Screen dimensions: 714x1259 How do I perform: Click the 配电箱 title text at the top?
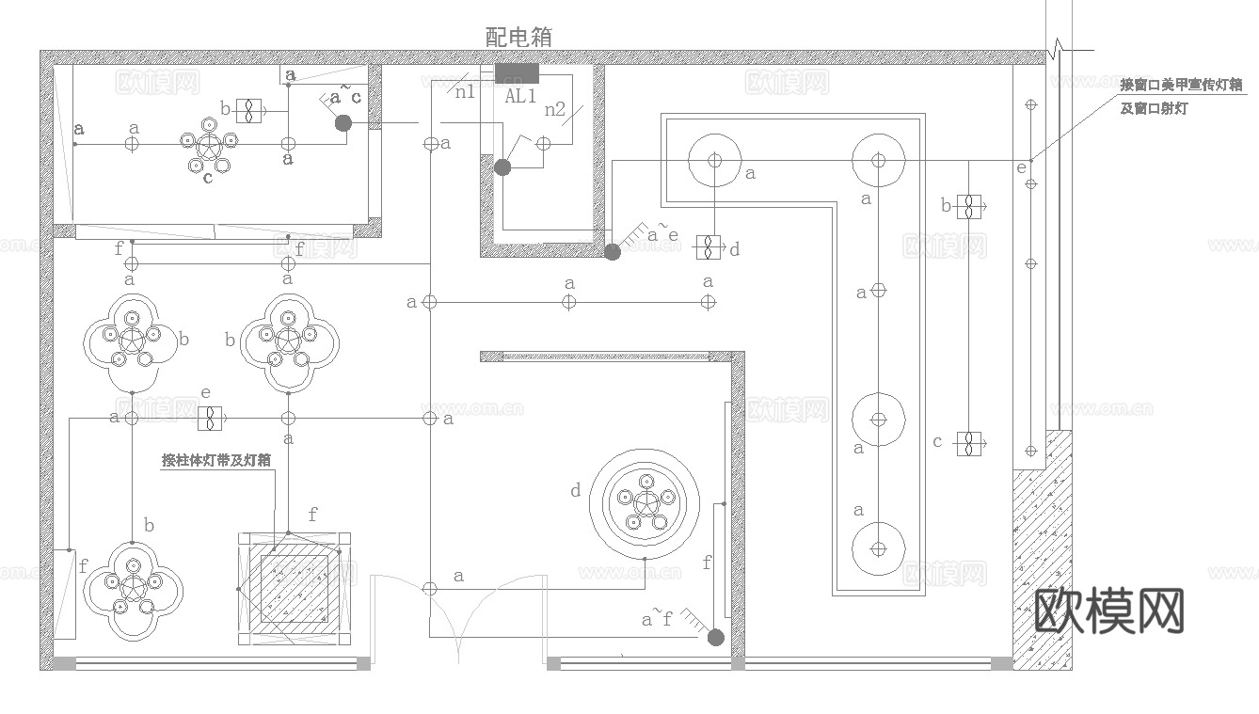[x=518, y=37]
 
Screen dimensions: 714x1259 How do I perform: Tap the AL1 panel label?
[x=520, y=95]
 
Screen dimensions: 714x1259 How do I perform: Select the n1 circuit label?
[x=465, y=91]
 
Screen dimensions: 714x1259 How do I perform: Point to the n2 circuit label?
[x=555, y=110]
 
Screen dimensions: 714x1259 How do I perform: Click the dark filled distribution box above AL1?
[x=518, y=73]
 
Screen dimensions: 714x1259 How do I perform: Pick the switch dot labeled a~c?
[x=343, y=122]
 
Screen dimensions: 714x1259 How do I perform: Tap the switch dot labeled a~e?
[x=613, y=251]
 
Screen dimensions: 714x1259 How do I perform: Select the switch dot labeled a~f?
[x=715, y=638]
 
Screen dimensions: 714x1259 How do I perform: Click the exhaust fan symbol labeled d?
[x=708, y=246]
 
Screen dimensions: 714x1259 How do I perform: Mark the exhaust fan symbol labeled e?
[x=209, y=418]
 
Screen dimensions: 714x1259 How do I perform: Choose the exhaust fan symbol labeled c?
[x=968, y=442]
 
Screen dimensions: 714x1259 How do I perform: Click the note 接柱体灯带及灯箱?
[x=216, y=461]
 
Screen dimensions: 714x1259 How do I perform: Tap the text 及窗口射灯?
[x=1154, y=109]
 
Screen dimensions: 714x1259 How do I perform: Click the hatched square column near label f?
[x=295, y=589]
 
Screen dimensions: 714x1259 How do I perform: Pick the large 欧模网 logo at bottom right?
[x=1109, y=611]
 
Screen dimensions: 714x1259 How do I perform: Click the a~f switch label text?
[x=657, y=619]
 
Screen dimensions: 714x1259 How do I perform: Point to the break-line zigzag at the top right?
[x=1060, y=47]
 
